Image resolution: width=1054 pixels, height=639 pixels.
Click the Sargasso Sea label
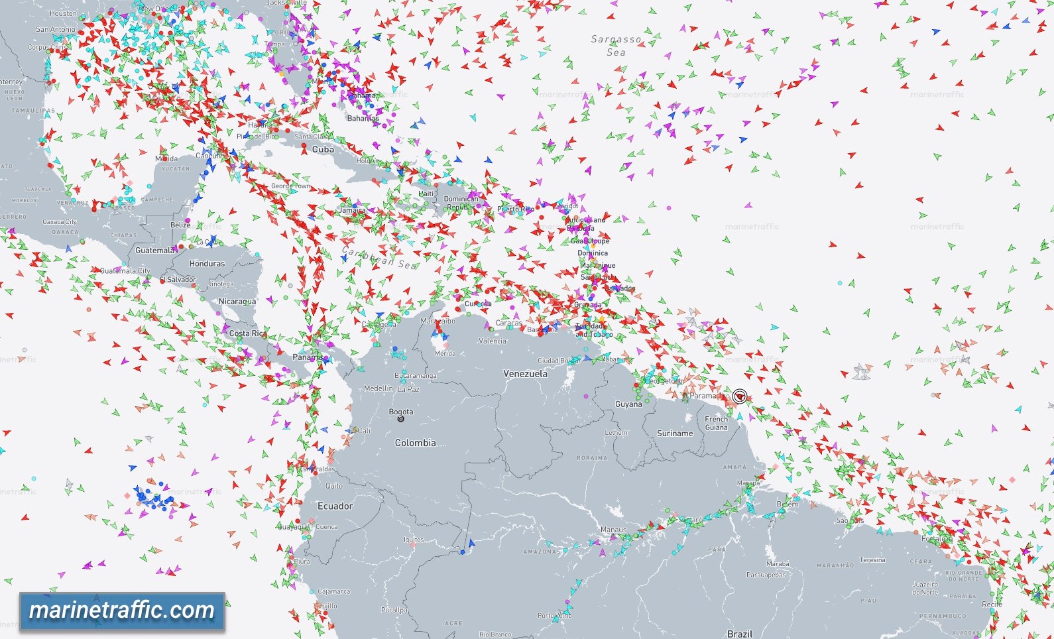616,45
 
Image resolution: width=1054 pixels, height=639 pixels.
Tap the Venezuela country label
525,374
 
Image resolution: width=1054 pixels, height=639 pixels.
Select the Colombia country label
415,443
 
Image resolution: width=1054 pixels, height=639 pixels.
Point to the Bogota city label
401,412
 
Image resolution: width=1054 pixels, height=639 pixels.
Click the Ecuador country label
335,506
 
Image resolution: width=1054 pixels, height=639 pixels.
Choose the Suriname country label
675,433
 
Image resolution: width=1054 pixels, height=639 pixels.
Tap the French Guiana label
716,423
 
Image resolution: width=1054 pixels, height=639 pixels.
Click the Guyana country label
628,404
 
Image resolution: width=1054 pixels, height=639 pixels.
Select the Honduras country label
207,263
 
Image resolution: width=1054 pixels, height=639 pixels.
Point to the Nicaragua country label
237,302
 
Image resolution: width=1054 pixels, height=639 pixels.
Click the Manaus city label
613,530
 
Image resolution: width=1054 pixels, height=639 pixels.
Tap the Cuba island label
323,150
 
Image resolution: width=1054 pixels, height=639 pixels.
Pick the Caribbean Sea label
379,258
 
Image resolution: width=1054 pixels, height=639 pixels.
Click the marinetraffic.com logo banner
122,610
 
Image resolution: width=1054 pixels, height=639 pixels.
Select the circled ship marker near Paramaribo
739,396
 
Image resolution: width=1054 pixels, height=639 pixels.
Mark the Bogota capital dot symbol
400,419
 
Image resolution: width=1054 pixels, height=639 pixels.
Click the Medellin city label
379,388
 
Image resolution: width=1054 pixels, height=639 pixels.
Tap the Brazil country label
740,634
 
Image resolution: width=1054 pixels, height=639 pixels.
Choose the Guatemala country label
154,251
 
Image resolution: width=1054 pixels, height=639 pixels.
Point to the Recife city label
992,605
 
